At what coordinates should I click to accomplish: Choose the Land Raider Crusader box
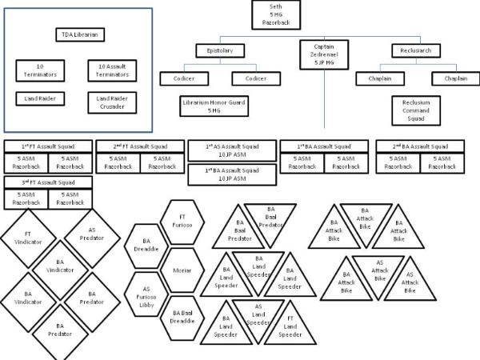coord(113,102)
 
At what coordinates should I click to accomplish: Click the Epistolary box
coord(218,50)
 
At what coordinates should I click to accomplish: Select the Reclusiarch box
coord(416,50)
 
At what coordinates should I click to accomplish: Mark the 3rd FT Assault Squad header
coord(48,182)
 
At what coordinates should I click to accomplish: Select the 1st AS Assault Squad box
coord(232,151)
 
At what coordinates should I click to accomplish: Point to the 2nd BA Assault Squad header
coord(422,146)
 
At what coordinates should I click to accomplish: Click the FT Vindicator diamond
coord(28,238)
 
